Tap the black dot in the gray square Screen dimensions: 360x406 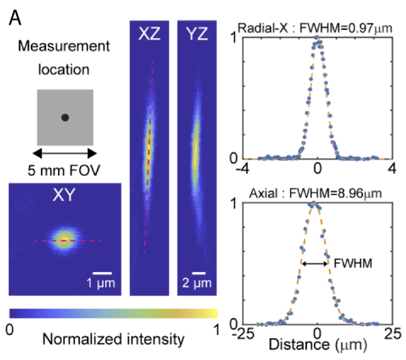(65, 118)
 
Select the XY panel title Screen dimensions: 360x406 (65, 196)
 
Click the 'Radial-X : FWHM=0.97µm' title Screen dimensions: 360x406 (314, 29)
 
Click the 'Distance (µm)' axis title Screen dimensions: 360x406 (317, 345)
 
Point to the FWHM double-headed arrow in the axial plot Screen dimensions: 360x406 (315, 263)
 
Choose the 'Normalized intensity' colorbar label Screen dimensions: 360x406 (113, 340)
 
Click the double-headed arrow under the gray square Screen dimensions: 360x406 (65, 153)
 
